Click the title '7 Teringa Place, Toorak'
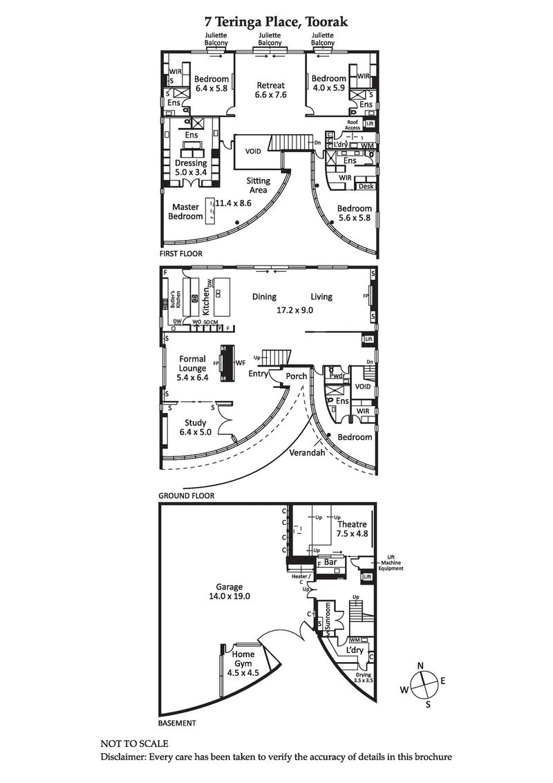(276, 22)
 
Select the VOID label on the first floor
(253, 151)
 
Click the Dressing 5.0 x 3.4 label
(191, 168)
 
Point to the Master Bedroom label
(186, 212)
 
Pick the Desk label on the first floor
(365, 186)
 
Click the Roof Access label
(353, 125)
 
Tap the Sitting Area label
(259, 185)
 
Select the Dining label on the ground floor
(264, 297)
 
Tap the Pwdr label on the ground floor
(337, 376)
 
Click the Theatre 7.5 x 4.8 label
(352, 529)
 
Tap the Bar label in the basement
(330, 563)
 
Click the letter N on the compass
(420, 665)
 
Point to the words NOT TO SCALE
(134, 744)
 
